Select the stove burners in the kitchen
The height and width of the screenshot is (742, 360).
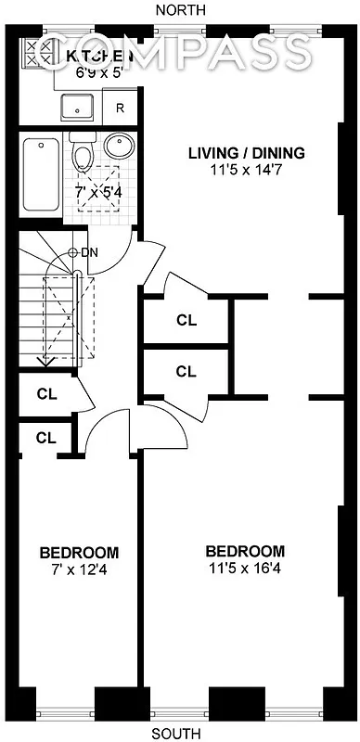pos(38,54)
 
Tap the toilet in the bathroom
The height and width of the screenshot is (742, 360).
pos(82,151)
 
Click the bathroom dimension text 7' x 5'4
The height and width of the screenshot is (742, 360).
pos(96,194)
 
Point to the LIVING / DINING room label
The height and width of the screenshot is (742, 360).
pos(247,153)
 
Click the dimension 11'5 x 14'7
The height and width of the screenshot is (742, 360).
pos(247,171)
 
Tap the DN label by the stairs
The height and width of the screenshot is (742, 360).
pos(90,252)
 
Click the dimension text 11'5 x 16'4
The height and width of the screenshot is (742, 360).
pos(245,568)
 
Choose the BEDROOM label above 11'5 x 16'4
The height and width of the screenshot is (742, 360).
pos(245,550)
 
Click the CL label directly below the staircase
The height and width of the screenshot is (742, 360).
pos(46,392)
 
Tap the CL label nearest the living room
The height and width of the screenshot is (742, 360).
pos(186,321)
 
